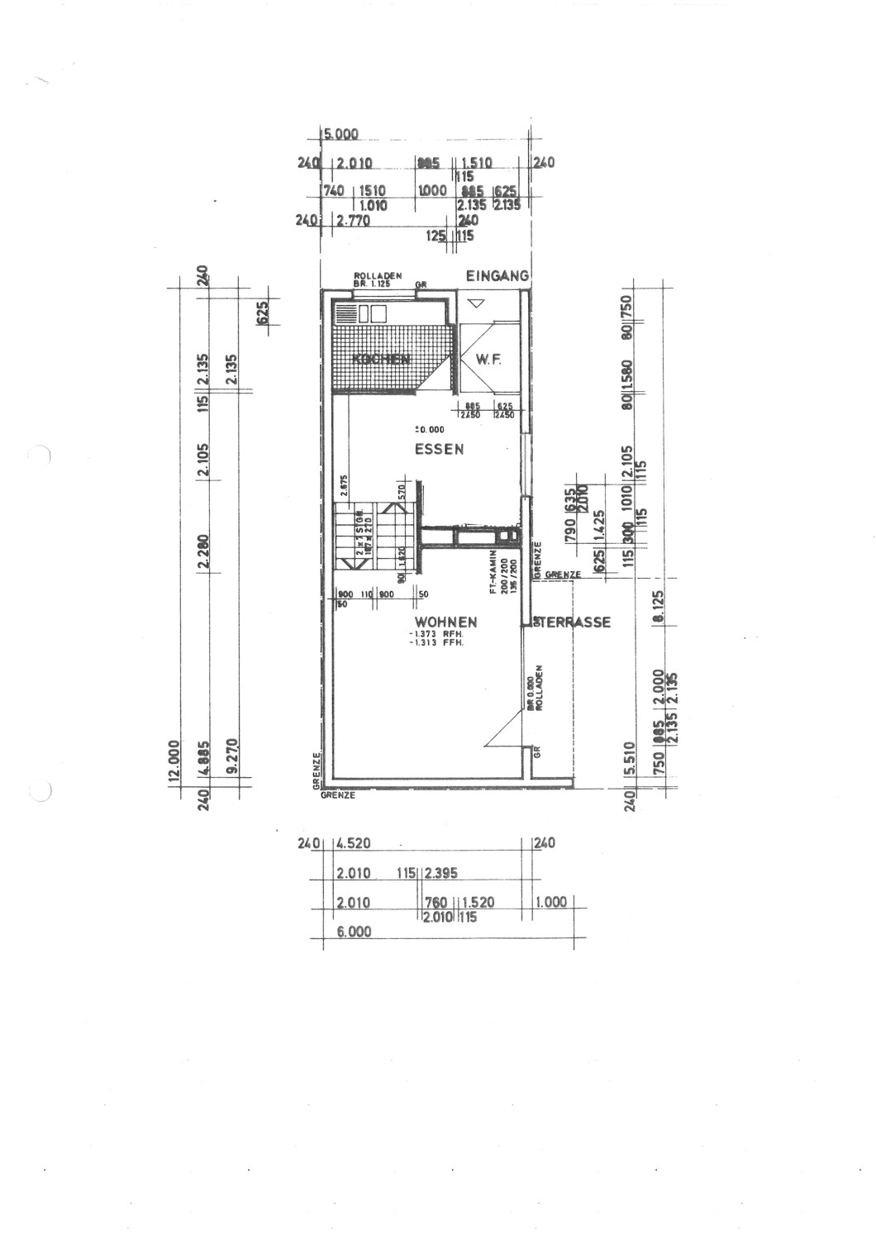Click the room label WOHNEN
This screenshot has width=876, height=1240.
(445, 622)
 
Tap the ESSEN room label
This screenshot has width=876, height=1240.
(439, 450)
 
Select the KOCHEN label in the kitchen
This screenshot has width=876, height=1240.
(381, 359)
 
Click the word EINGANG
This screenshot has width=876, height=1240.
(497, 276)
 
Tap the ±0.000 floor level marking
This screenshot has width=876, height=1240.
(429, 429)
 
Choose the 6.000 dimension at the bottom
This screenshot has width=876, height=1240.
(354, 932)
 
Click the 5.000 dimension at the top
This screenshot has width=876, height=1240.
(341, 134)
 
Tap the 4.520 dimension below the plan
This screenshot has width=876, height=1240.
(354, 844)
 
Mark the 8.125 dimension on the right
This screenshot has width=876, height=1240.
(659, 608)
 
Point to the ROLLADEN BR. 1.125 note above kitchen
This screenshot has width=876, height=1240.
(377, 279)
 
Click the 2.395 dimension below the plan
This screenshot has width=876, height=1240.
(442, 873)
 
